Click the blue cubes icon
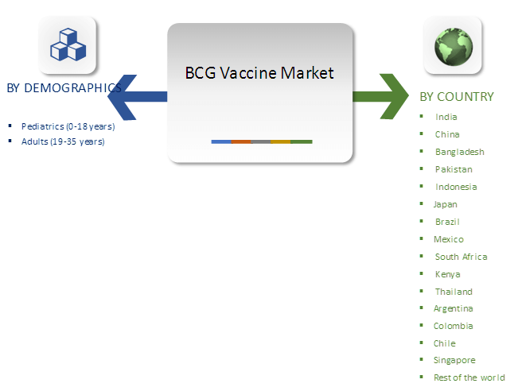click(68, 45)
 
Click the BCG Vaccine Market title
click(259, 74)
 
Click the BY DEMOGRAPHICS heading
click(64, 88)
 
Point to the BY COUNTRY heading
click(457, 97)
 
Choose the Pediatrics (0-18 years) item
click(68, 126)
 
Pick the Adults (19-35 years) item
click(63, 141)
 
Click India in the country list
click(446, 117)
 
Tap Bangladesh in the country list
click(459, 152)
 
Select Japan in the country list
click(445, 204)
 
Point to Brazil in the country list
click(447, 222)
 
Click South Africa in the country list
click(461, 257)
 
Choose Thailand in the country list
click(454, 292)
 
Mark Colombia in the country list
click(453, 326)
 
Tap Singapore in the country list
click(454, 360)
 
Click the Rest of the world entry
click(469, 377)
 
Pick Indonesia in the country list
click(456, 187)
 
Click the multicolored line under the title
click(262, 141)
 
